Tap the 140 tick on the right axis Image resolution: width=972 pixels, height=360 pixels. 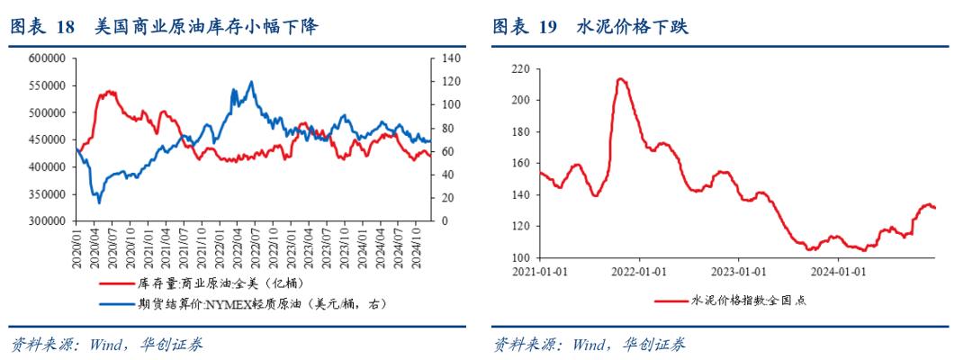(x=449, y=58)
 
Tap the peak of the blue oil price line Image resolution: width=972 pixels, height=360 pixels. (x=250, y=82)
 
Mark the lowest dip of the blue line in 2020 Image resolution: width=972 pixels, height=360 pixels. (x=99, y=202)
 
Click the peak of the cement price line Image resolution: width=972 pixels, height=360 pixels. (x=621, y=79)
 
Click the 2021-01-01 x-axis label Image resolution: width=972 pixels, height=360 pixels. (x=539, y=270)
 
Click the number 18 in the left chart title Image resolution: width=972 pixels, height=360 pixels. (x=65, y=28)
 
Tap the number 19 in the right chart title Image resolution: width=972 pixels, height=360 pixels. (x=548, y=28)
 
